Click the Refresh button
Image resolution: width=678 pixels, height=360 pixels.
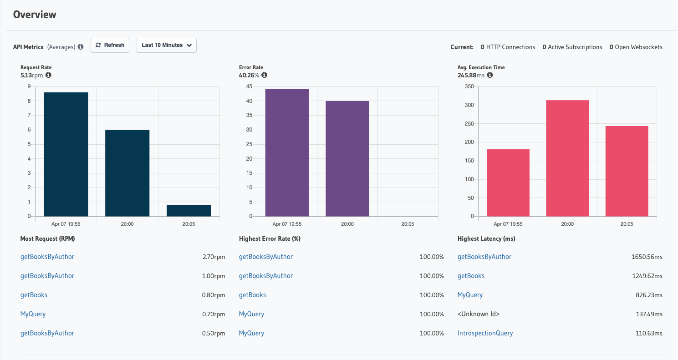coord(110,45)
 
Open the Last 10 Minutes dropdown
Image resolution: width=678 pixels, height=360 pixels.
coord(166,45)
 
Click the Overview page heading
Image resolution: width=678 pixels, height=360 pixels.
coord(35,15)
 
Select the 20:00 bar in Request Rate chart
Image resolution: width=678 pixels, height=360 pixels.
coord(127,173)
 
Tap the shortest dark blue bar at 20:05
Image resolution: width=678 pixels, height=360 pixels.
coord(189,211)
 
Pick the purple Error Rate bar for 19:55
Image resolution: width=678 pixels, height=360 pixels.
coord(287,152)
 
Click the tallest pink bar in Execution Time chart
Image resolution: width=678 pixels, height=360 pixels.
coord(567,158)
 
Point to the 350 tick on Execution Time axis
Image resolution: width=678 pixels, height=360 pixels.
coord(469,86)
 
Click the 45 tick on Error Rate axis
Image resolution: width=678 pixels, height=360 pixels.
coord(249,86)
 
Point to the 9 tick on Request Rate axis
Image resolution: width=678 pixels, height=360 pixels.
coord(30,86)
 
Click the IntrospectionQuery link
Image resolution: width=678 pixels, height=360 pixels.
coord(485,333)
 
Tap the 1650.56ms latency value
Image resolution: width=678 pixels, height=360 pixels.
coord(647,257)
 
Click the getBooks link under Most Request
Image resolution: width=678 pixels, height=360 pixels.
coord(34,295)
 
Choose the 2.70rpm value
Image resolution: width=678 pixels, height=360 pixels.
coord(214,257)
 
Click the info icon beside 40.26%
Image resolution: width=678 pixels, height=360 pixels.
coord(264,75)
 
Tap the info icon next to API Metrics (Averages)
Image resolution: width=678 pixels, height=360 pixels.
coord(81,47)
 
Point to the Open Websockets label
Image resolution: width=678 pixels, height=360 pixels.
coord(638,47)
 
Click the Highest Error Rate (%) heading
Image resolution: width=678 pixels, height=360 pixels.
coord(270,238)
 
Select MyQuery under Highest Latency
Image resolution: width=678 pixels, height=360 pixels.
coord(470,295)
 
